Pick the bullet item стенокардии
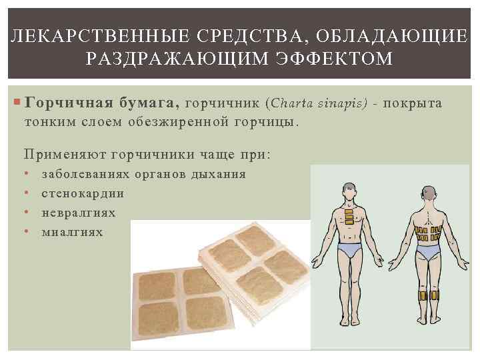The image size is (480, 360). click(83, 193)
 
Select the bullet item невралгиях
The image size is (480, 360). click(79, 213)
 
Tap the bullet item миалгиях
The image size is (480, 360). click(73, 232)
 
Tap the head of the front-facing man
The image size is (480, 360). click(349, 191)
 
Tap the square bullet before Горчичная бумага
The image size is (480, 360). click(17, 104)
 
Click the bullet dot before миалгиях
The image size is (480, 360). click(25, 232)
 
